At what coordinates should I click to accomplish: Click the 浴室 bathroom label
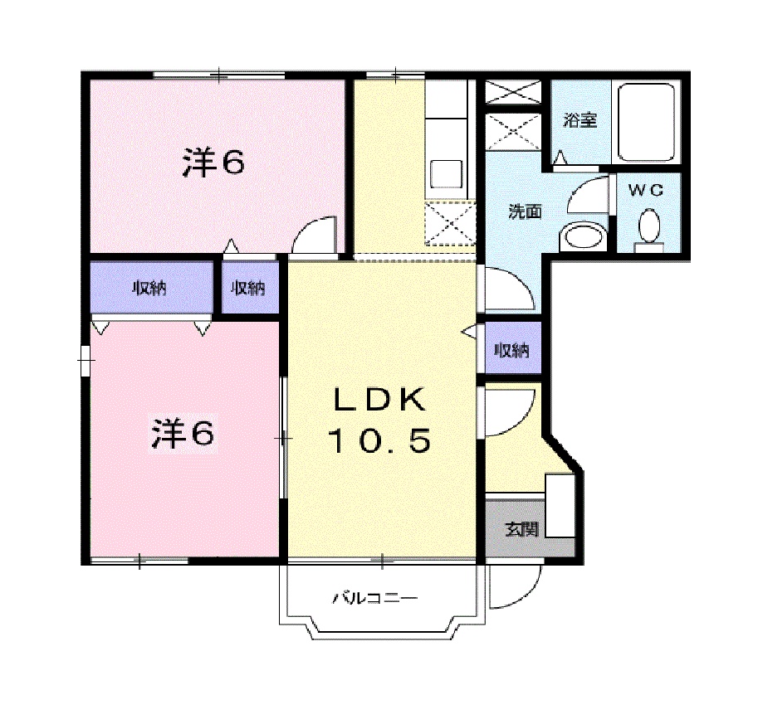coord(580,120)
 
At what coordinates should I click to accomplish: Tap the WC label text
coord(647,190)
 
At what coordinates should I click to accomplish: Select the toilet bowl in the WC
coord(648,225)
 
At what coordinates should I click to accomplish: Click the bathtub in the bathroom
coord(645,124)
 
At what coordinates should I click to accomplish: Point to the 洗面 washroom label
coord(525,212)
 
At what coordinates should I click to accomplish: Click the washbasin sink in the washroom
coord(582,236)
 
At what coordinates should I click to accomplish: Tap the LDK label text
coord(380,401)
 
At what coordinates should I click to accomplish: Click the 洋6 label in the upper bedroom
coord(213,163)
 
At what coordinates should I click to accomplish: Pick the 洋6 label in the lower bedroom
coord(182,434)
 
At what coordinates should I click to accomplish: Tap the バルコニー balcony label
coord(374,597)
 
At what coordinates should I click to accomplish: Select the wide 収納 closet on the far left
coord(150,288)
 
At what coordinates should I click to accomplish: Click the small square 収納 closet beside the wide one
coord(248,288)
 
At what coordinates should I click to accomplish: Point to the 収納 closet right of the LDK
coord(511,350)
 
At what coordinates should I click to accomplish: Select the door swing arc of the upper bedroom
coord(316,235)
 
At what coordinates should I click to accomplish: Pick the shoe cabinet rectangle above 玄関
coord(560,505)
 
